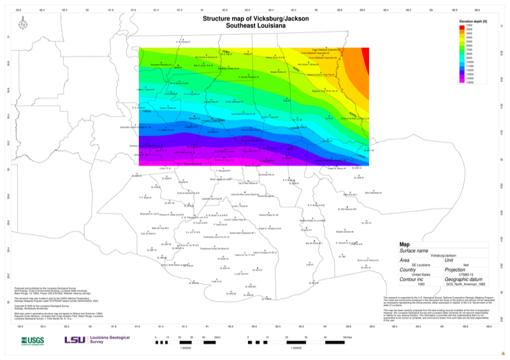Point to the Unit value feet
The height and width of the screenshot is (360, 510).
[x=448, y=264]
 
